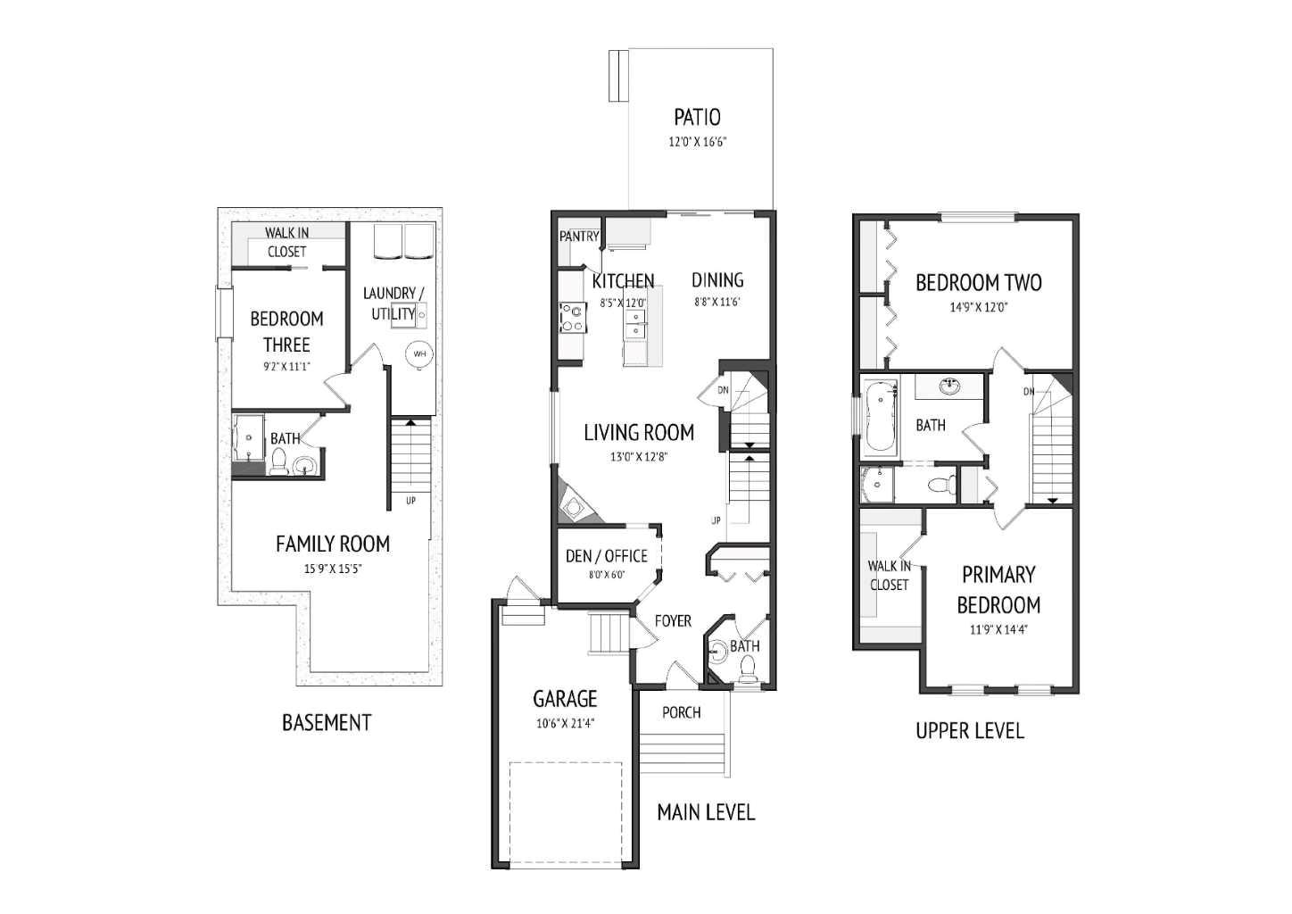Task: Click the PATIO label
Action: (697, 117)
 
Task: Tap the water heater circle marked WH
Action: (419, 354)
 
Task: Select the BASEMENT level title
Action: (327, 722)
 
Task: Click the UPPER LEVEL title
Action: (970, 731)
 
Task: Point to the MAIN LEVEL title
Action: (706, 812)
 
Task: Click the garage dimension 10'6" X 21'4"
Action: (566, 724)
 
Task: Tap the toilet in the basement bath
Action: (278, 461)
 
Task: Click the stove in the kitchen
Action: (572, 318)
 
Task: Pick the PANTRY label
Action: (579, 237)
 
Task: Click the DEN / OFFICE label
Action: (607, 556)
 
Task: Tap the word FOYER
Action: (673, 621)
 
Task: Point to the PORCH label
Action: (682, 712)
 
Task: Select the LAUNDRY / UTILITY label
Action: (393, 303)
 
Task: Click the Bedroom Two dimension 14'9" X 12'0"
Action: (978, 307)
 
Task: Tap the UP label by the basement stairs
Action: (410, 501)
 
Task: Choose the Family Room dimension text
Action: (333, 569)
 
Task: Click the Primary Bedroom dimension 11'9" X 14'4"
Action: (998, 629)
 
